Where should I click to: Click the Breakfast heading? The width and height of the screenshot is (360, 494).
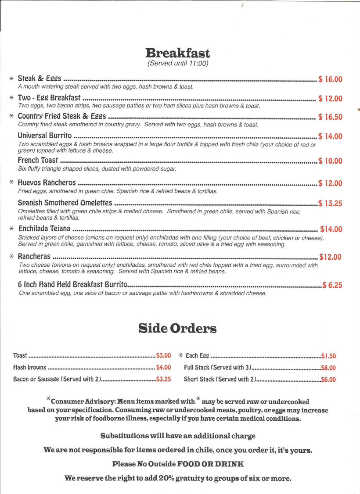coord(178,53)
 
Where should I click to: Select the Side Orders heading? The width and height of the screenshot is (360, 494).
coord(177,328)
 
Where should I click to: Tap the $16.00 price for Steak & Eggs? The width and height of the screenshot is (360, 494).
coord(330,79)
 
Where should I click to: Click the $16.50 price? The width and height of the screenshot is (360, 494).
coord(330,117)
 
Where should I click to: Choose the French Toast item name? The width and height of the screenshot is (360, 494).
coord(38,161)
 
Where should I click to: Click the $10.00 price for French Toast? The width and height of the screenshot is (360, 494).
coord(330,161)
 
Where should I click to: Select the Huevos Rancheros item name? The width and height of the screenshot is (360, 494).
coord(47,183)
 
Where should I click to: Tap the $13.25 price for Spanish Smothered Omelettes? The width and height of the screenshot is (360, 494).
coord(330,203)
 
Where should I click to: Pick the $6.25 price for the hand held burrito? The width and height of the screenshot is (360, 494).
coord(332,285)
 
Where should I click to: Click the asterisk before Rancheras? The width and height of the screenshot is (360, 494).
coord(12,257)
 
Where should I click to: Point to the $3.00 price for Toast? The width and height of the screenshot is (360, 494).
coord(163,356)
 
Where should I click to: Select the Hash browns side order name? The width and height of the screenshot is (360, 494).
coord(29,368)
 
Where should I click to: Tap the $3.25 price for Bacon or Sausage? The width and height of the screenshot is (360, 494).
coord(163,379)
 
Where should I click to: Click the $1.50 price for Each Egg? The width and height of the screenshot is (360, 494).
coord(328,356)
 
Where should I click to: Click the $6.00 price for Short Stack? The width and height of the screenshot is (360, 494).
coord(328,380)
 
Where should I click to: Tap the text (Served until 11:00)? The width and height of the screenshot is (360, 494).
coord(178,64)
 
